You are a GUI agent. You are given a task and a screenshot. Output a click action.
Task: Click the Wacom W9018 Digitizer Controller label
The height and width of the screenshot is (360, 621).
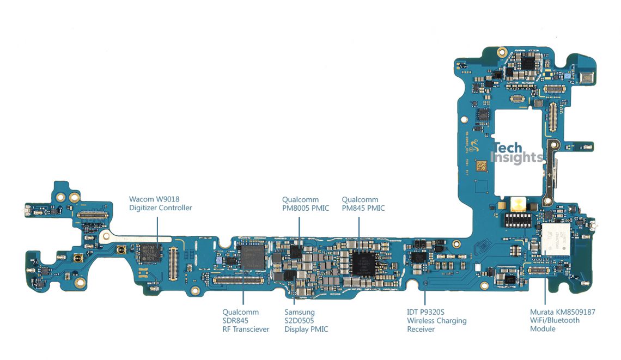(160, 204)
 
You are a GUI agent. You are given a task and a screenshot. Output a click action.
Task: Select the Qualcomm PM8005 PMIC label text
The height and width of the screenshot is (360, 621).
(305, 204)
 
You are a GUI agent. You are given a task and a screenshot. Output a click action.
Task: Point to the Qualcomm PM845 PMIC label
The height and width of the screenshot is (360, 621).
(363, 204)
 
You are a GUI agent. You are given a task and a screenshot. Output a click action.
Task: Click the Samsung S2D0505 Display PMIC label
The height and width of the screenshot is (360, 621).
(306, 320)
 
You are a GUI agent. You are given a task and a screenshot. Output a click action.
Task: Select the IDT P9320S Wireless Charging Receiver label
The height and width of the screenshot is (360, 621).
(436, 320)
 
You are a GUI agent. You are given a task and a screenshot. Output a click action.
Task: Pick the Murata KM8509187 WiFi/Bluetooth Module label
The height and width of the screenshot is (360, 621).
(562, 320)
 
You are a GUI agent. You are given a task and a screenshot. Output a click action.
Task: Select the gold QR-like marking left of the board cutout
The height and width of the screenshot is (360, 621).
(482, 165)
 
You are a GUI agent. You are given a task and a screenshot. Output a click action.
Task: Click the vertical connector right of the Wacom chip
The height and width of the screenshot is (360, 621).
(174, 260)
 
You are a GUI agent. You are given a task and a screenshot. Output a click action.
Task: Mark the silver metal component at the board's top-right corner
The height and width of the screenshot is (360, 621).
(587, 78)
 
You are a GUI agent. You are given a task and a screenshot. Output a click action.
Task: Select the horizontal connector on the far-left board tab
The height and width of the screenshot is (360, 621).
(92, 216)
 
